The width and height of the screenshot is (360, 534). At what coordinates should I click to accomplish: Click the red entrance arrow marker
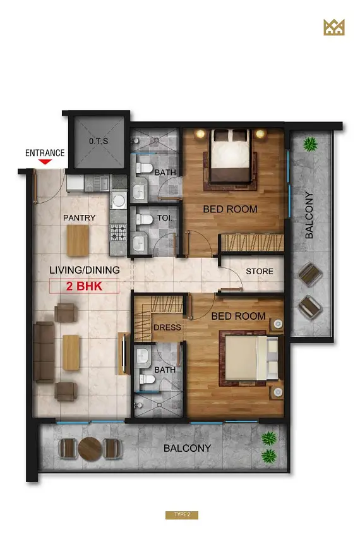(x=45, y=162)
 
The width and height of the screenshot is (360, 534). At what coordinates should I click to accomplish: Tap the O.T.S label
(x=99, y=141)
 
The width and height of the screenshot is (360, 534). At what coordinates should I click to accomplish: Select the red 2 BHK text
(x=84, y=286)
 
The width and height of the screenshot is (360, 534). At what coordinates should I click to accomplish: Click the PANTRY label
(x=80, y=217)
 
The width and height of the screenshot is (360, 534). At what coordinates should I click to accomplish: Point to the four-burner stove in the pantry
(x=118, y=233)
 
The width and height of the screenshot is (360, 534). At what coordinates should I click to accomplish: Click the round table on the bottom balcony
(x=90, y=449)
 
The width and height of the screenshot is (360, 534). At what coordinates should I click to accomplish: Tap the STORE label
(x=260, y=272)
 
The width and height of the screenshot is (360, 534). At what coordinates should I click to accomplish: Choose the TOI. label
(x=165, y=217)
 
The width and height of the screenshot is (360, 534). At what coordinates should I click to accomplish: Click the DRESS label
(x=167, y=327)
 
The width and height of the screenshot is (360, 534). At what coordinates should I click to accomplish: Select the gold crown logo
(x=334, y=27)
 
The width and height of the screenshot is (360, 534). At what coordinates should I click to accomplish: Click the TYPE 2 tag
(x=182, y=514)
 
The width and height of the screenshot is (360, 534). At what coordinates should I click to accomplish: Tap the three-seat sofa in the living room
(x=44, y=353)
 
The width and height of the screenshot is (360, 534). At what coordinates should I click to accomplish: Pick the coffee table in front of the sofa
(x=71, y=353)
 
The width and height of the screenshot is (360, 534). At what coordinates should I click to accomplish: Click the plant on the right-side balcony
(x=310, y=144)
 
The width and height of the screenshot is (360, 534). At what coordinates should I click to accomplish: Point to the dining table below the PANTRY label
(x=78, y=240)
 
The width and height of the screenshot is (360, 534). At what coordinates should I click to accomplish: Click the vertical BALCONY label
(x=309, y=215)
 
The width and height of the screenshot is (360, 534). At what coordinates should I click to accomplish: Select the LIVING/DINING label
(x=85, y=270)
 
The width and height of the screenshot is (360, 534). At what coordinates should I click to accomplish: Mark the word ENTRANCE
(x=45, y=153)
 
